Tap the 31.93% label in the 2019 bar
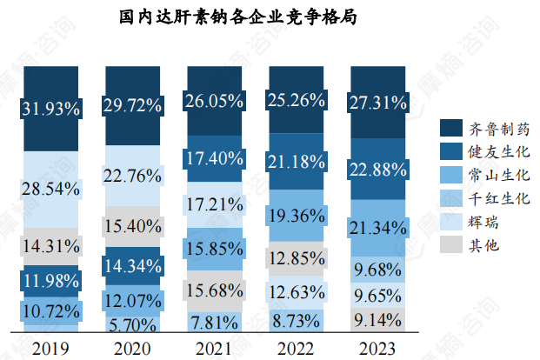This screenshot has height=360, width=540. [x=52, y=110]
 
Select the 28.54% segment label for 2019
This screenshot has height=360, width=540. [x=52, y=189]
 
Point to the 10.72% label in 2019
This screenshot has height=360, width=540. [x=52, y=310]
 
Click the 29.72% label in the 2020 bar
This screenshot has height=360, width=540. [x=133, y=106]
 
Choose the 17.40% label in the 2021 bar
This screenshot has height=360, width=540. [x=214, y=158]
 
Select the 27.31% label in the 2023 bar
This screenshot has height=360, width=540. [x=377, y=103]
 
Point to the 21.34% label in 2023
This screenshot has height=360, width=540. [x=377, y=228]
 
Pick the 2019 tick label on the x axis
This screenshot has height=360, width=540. [x=52, y=348]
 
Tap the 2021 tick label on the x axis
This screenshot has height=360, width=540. [x=214, y=348]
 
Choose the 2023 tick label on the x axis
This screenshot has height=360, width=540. [x=377, y=348]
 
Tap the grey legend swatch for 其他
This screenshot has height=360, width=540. [x=450, y=246]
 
